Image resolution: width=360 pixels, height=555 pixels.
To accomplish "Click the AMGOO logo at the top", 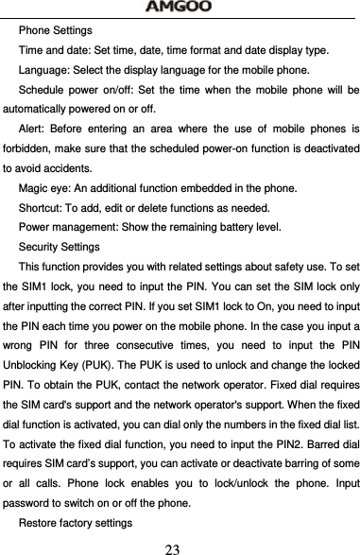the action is (180, 9).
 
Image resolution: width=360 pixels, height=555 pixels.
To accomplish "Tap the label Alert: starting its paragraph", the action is (35, 130).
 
